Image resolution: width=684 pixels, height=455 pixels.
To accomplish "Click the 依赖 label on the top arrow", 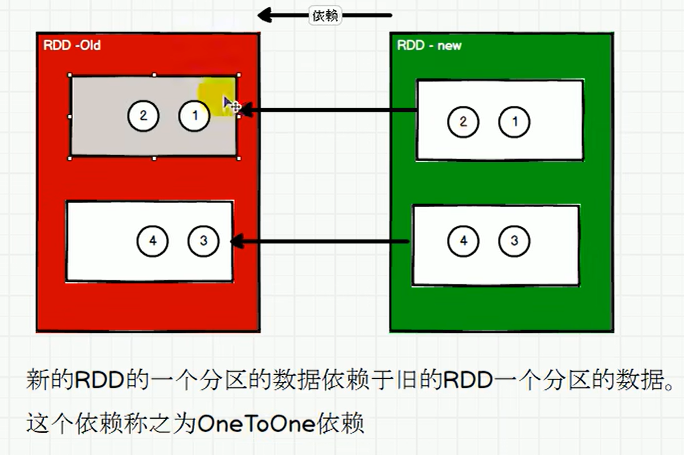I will pyautogui.click(x=325, y=16).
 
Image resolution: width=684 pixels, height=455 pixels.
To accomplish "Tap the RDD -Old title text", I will pyautogui.click(x=72, y=45).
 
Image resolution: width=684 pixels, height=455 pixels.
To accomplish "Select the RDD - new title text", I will pyautogui.click(x=429, y=45).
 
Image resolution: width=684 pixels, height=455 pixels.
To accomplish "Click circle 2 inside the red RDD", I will pyautogui.click(x=143, y=116).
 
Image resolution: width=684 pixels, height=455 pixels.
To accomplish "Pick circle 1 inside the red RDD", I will pyautogui.click(x=195, y=116).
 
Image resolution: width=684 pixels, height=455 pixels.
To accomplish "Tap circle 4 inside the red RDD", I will pyautogui.click(x=153, y=240).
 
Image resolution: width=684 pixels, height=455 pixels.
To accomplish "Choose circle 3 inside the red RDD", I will pyautogui.click(x=203, y=240).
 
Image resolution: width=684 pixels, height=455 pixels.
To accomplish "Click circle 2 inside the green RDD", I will pyautogui.click(x=463, y=121).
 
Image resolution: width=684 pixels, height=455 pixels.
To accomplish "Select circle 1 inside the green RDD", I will pyautogui.click(x=515, y=121).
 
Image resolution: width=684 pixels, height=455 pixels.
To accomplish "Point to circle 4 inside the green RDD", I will pyautogui.click(x=463, y=240).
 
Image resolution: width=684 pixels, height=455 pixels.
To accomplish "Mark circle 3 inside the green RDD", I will pyautogui.click(x=515, y=240).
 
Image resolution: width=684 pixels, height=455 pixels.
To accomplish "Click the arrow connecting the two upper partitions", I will pyautogui.click(x=328, y=110).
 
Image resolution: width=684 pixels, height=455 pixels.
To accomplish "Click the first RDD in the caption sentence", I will pyautogui.click(x=97, y=381).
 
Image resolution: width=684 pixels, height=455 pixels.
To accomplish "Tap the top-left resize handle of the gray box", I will pyautogui.click(x=70, y=75).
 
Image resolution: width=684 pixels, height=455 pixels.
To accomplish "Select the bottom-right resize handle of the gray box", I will pyautogui.click(x=238, y=156).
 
